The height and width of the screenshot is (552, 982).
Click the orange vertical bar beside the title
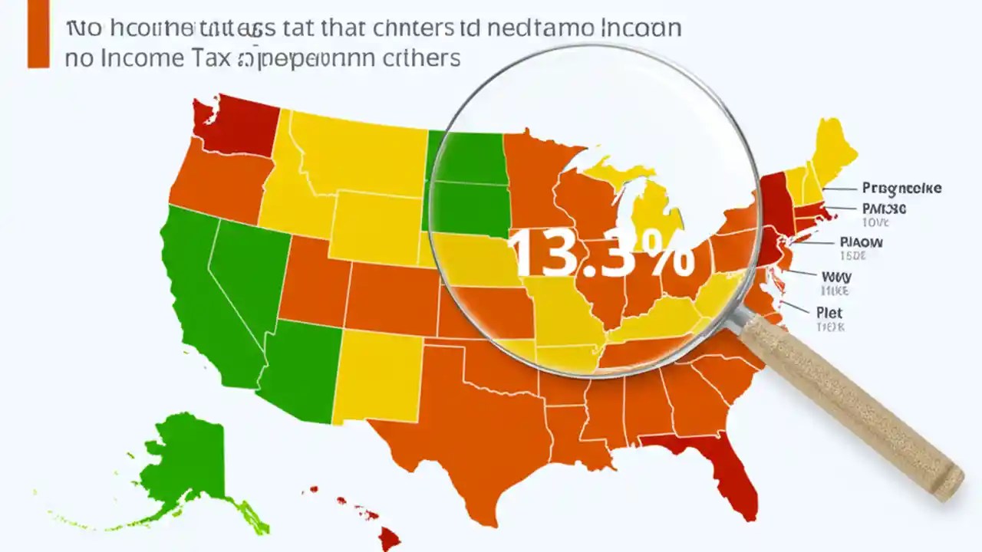(38, 34)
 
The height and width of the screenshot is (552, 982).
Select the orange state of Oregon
(219, 180)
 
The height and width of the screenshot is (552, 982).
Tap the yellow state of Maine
(832, 149)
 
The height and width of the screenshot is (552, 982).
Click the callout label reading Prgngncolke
(901, 188)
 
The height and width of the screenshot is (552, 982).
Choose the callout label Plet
(829, 313)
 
